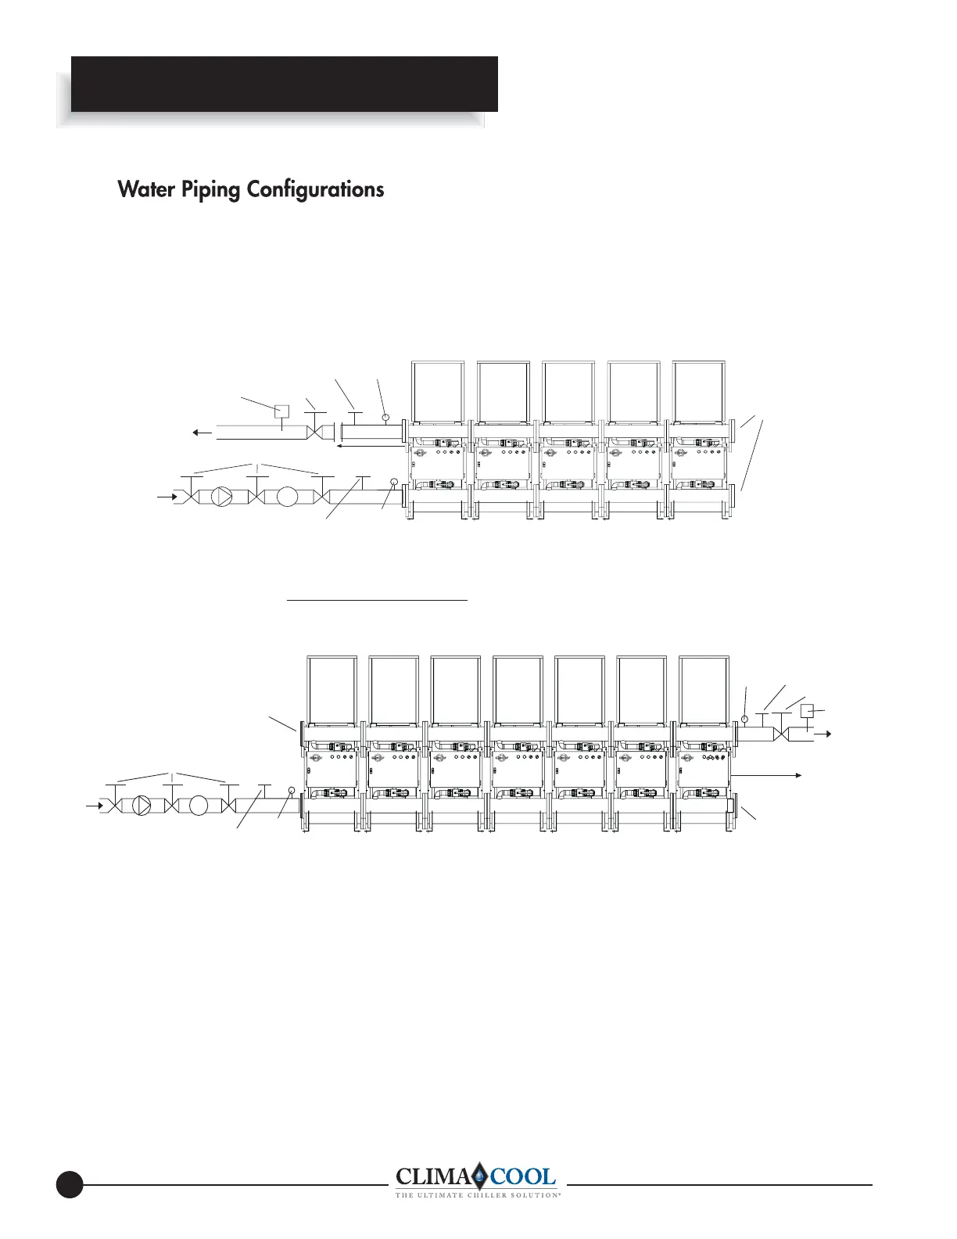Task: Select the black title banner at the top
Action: [x=285, y=84]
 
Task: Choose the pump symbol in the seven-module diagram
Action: [x=143, y=805]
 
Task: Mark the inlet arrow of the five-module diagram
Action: [x=166, y=497]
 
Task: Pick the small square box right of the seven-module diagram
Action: [x=808, y=710]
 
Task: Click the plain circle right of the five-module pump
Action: [x=289, y=497]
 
